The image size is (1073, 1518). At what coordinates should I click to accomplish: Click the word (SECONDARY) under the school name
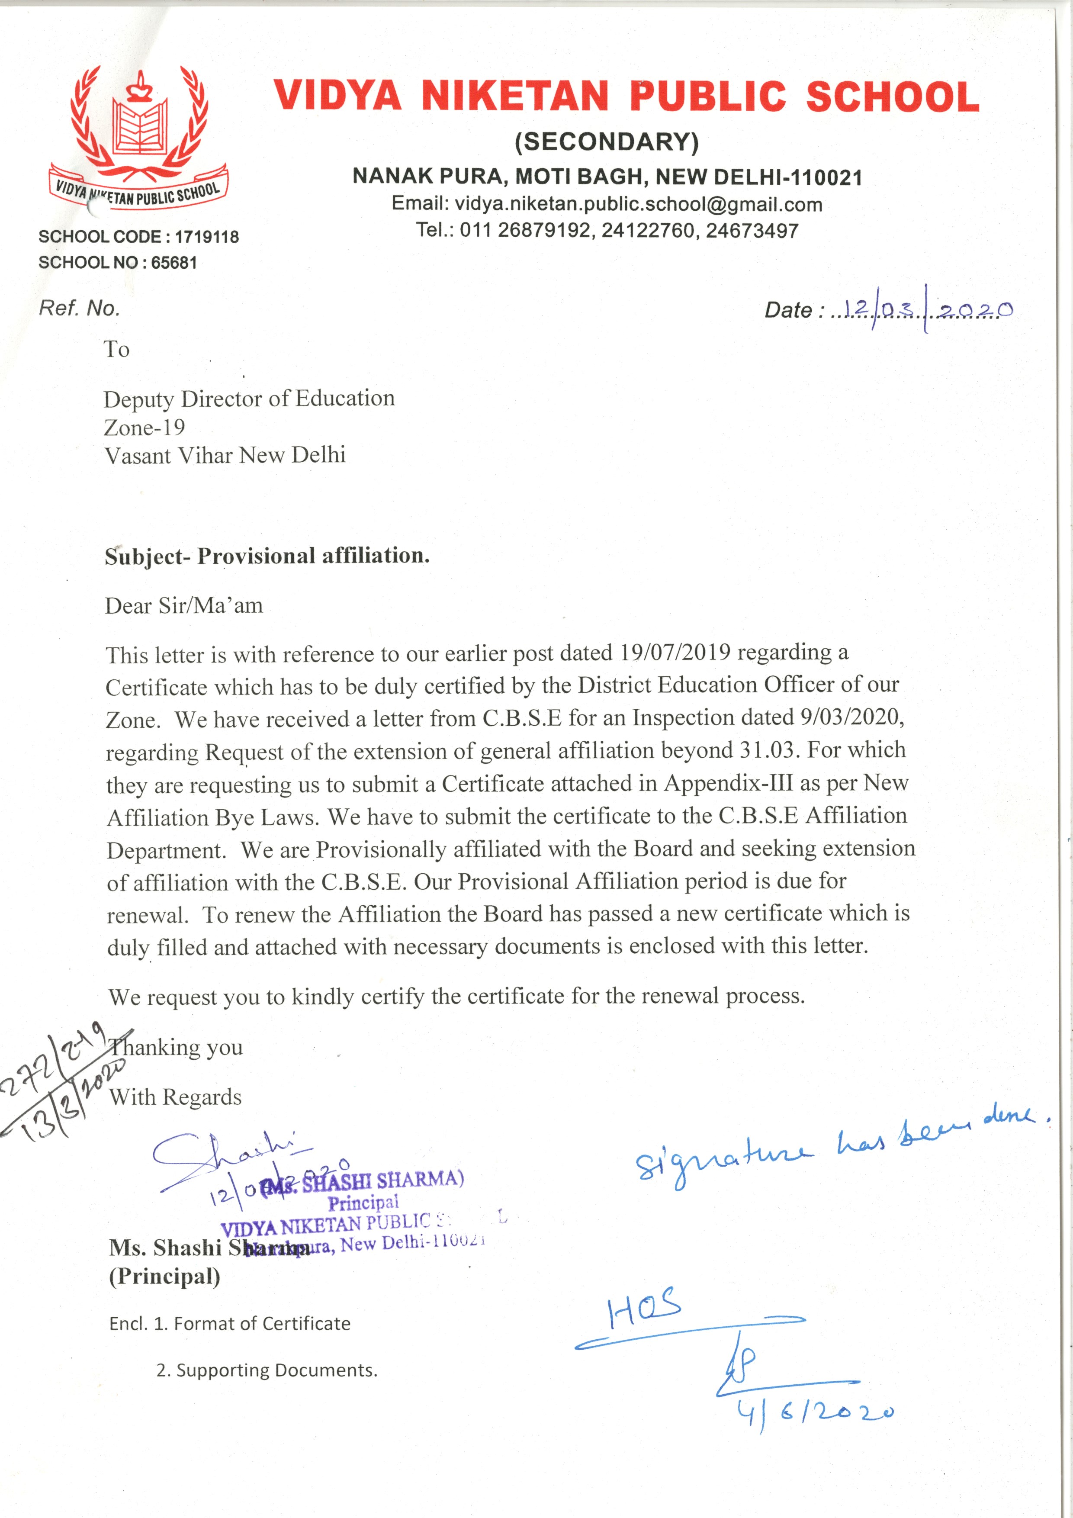click(606, 142)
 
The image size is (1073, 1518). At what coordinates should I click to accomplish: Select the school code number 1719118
click(206, 237)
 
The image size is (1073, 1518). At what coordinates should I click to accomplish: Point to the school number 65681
click(174, 263)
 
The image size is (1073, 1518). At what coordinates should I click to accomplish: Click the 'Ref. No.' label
click(79, 308)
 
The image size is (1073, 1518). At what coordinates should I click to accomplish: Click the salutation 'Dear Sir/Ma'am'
click(184, 606)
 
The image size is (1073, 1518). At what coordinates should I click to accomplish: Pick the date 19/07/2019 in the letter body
click(675, 653)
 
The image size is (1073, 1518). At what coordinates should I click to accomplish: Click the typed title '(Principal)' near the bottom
click(164, 1277)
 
